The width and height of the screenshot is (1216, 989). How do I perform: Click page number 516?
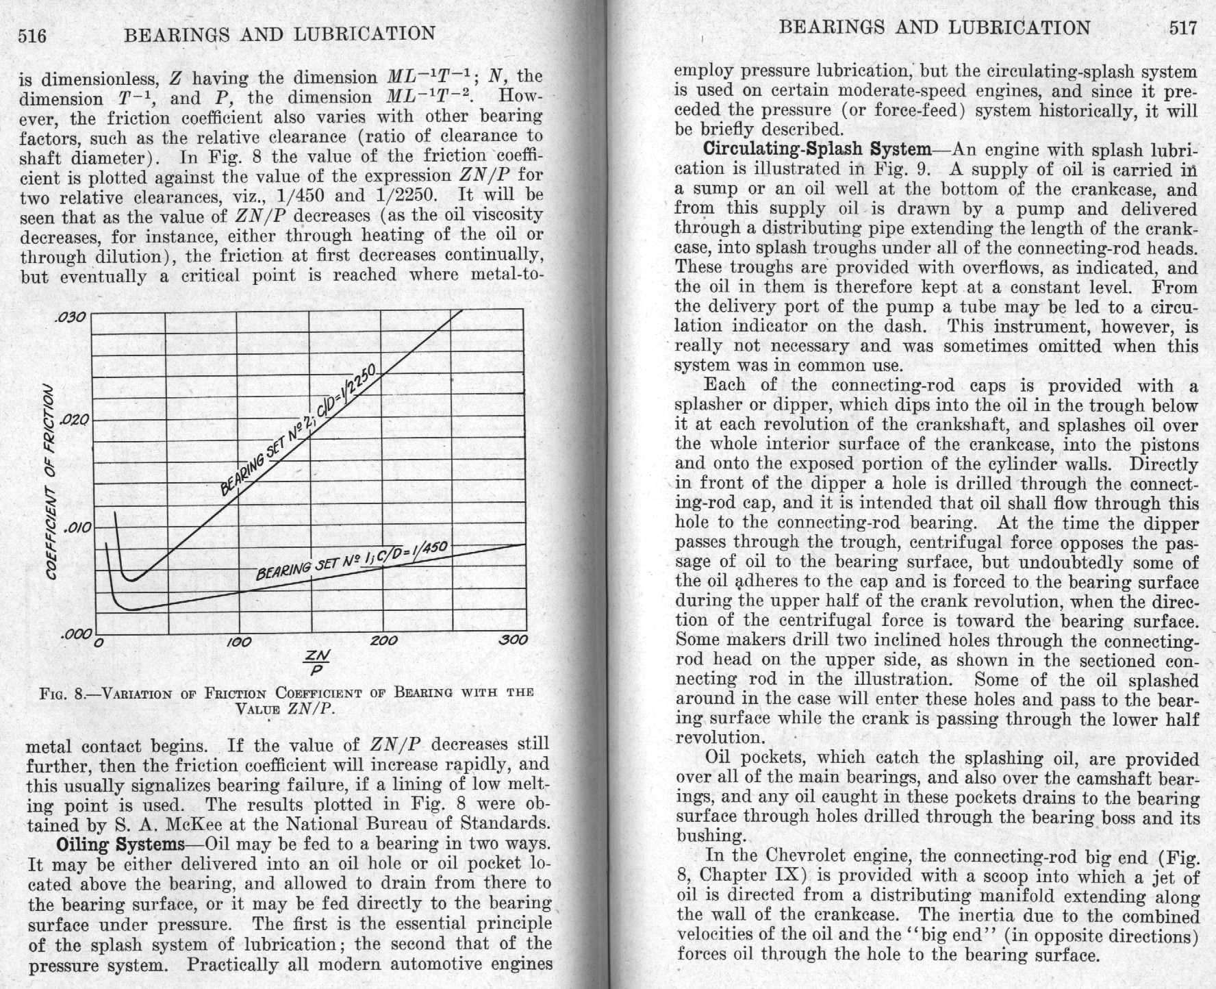tap(32, 35)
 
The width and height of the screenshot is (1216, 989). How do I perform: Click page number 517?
tap(1182, 27)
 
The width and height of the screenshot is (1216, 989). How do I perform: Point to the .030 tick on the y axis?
tap(71, 318)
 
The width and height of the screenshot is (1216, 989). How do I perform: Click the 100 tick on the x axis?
tap(239, 642)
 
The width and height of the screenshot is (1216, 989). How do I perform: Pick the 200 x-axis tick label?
tap(383, 641)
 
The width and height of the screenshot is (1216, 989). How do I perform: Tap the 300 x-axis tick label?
tap(514, 640)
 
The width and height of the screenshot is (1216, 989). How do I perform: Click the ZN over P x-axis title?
tap(319, 662)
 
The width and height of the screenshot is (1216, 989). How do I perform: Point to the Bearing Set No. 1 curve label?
tap(351, 560)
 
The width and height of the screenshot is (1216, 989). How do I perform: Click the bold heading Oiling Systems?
tap(121, 844)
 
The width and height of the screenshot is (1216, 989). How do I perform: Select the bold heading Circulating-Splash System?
tap(817, 149)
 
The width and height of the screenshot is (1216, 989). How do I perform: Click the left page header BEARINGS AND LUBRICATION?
tap(279, 34)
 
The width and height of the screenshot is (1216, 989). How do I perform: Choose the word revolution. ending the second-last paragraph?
tap(709, 738)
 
